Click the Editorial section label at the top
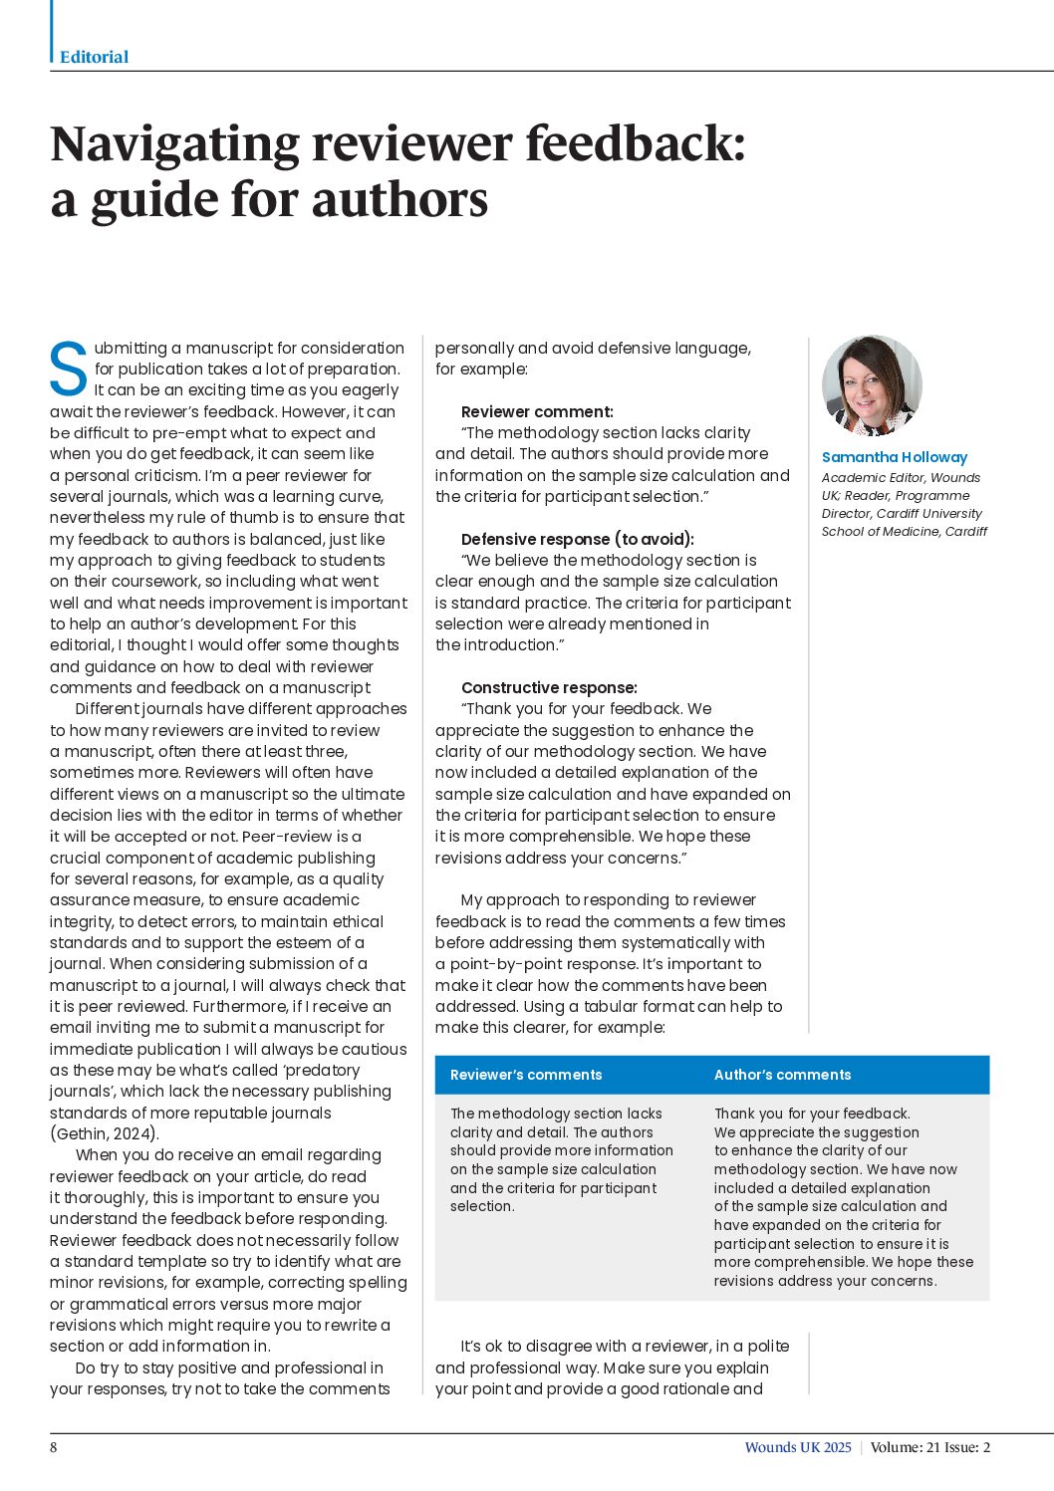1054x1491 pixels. click(x=94, y=57)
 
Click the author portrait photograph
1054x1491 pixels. click(x=872, y=385)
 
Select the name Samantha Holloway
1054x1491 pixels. click(x=894, y=457)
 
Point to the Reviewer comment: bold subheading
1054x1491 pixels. click(x=537, y=411)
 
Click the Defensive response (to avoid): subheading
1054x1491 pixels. click(x=577, y=539)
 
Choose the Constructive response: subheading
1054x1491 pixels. click(x=549, y=687)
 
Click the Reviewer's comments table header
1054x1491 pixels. click(x=526, y=1075)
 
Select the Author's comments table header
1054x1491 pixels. click(x=782, y=1075)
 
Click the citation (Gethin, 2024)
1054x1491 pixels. click(x=105, y=1133)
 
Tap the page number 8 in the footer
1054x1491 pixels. click(x=54, y=1447)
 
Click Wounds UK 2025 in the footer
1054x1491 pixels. click(x=798, y=1447)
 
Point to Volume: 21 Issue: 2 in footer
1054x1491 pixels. click(x=930, y=1447)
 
